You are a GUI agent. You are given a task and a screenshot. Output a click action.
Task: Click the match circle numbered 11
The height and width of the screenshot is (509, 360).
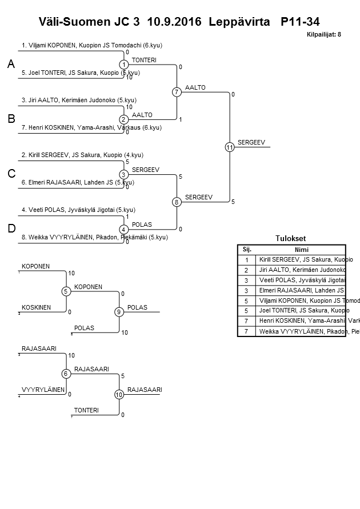230,147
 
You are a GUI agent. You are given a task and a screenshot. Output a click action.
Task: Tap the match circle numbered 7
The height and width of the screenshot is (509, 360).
177,92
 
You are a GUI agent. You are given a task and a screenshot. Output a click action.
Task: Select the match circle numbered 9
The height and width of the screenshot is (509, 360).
119,312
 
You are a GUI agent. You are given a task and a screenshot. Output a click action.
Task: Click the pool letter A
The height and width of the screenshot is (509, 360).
11,66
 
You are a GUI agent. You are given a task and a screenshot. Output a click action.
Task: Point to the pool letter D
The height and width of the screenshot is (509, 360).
11,229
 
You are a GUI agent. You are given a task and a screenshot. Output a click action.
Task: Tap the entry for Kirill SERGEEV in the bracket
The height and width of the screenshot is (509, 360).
82,155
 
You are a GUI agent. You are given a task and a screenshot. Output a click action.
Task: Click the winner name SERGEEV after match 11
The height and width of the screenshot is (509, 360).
251,142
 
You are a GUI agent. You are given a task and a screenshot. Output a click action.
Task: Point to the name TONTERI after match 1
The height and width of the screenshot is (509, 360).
144,60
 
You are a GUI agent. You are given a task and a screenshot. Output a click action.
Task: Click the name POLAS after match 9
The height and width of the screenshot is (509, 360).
137,307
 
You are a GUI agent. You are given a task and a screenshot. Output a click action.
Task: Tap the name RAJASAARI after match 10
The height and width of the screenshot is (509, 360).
145,390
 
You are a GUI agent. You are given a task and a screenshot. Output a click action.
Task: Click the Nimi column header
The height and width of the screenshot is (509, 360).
301,250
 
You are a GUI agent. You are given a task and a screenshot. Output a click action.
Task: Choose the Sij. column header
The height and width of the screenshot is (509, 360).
247,250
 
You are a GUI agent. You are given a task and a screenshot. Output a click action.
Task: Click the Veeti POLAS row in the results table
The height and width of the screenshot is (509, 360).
301,280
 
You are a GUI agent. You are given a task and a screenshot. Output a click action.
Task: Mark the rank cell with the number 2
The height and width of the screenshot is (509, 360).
247,270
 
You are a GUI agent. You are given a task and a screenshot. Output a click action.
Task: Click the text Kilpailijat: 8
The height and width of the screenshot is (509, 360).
324,35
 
